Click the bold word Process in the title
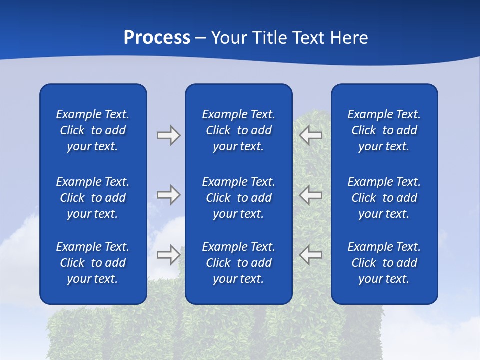(x=157, y=38)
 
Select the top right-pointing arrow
(x=168, y=135)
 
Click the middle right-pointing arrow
(x=168, y=195)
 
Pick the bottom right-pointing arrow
(x=168, y=254)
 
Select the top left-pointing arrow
(x=311, y=135)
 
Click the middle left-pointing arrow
(x=311, y=195)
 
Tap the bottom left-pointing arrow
(x=311, y=254)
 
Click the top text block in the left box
(x=93, y=130)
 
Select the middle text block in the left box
(x=93, y=198)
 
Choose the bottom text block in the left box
(x=93, y=263)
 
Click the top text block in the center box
(x=238, y=130)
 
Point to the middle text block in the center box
(x=238, y=198)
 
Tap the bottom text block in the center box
(x=238, y=263)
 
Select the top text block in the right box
(x=384, y=130)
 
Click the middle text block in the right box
(x=384, y=198)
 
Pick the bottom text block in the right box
(x=384, y=263)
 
